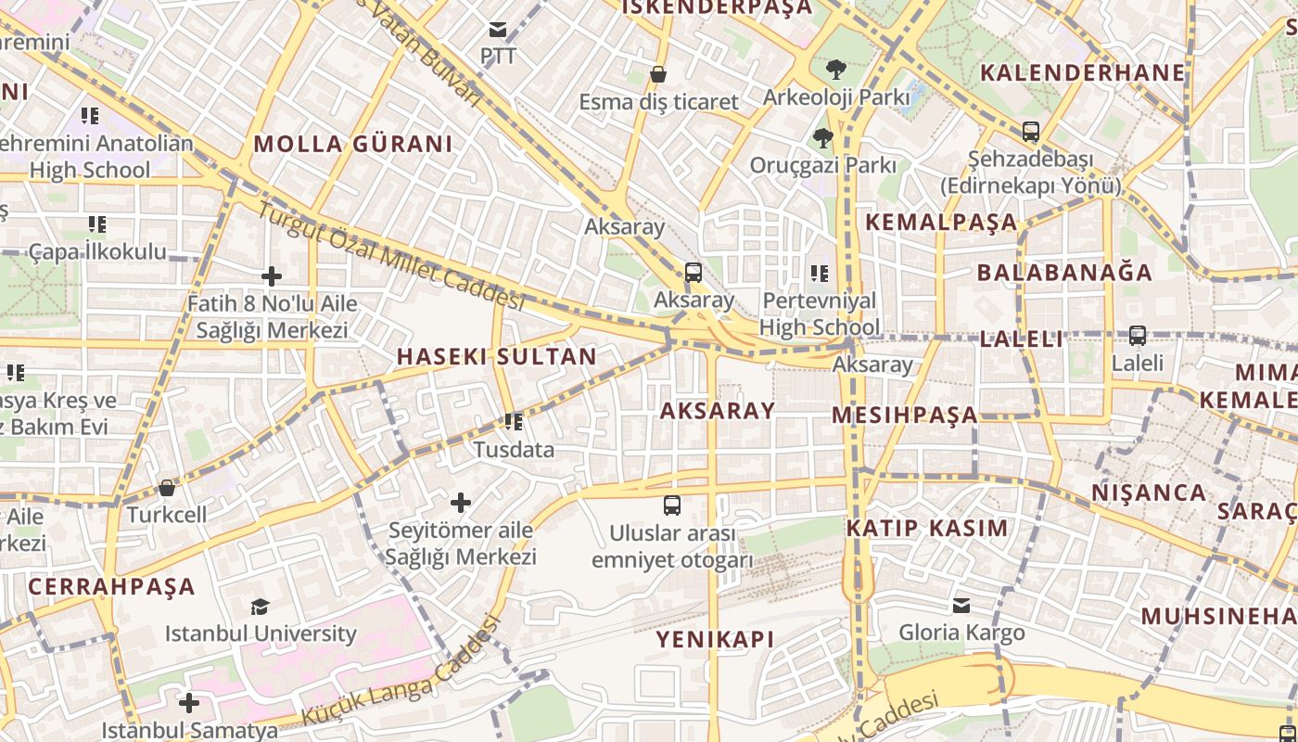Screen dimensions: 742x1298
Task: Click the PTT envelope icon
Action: tap(498, 30)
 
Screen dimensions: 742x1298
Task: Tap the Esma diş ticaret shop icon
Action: tap(658, 74)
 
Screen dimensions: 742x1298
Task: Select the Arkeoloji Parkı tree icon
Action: tap(835, 69)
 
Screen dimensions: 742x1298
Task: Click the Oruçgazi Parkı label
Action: tap(823, 165)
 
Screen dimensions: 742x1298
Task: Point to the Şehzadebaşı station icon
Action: tap(1030, 132)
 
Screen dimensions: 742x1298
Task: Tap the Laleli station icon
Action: tap(1137, 336)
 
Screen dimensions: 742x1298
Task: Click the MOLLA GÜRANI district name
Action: tap(353, 144)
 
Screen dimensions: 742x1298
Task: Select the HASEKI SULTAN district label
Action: tap(497, 357)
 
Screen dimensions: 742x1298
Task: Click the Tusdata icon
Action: tap(514, 422)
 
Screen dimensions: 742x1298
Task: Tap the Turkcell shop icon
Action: tap(167, 487)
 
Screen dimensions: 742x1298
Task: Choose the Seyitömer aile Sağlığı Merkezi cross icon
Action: tap(461, 503)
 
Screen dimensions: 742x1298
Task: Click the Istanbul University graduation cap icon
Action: tap(260, 607)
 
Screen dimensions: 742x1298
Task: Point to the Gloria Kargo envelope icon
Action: tap(961, 605)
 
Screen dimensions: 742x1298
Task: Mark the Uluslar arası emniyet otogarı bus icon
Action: tap(672, 505)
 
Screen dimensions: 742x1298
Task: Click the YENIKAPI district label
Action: tap(715, 639)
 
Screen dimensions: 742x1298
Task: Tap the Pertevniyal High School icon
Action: tap(820, 273)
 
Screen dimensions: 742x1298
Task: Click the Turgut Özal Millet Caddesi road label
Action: tap(389, 256)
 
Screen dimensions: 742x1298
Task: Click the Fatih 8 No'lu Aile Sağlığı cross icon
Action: tap(272, 276)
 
